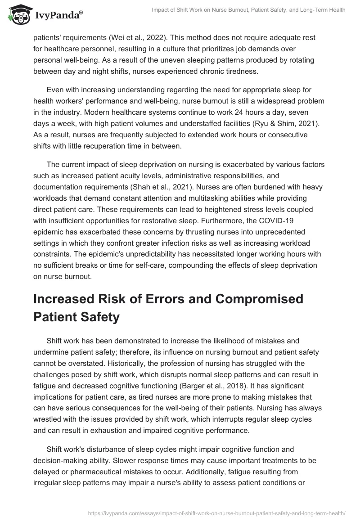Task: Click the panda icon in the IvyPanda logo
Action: point(18,15)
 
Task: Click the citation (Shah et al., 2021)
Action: point(177,187)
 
